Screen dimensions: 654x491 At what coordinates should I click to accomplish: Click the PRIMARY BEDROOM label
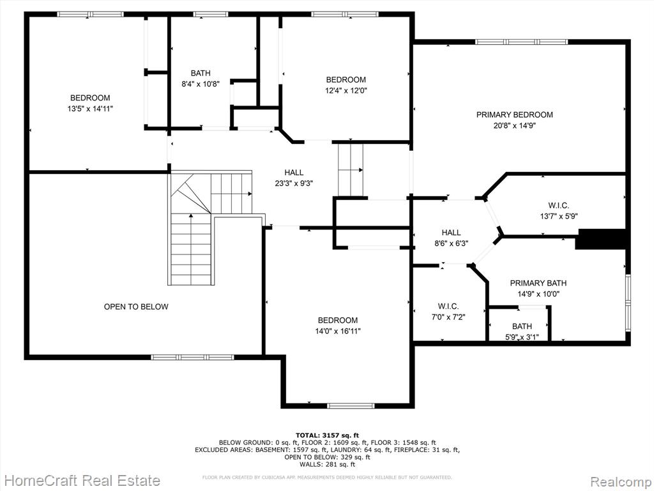click(515, 114)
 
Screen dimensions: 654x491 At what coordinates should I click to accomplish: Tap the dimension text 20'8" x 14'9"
click(515, 125)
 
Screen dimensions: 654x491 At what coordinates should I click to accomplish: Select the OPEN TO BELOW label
click(136, 306)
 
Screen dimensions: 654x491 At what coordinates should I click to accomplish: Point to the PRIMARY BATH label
click(538, 283)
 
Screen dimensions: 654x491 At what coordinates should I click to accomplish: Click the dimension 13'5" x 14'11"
click(90, 109)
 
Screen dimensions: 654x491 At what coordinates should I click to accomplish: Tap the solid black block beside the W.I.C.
click(600, 239)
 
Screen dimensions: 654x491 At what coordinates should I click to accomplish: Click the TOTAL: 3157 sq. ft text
click(327, 435)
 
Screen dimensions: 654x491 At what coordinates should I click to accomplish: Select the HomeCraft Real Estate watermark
click(82, 481)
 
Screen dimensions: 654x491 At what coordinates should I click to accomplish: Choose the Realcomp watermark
click(620, 482)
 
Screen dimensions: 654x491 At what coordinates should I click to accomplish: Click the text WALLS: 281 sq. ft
click(328, 464)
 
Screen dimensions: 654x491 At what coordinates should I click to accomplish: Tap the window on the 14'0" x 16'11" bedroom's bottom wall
click(351, 405)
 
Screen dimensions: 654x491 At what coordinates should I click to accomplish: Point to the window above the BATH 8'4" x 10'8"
click(211, 14)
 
